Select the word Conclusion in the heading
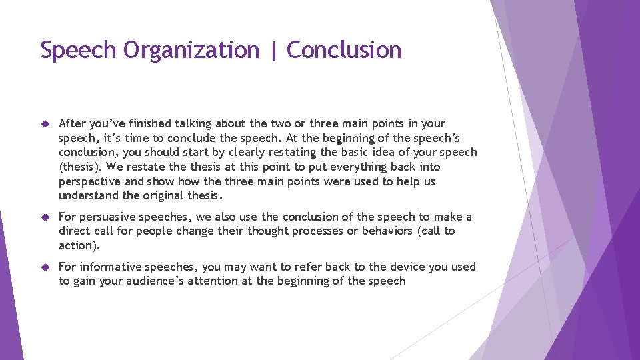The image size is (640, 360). pos(344,51)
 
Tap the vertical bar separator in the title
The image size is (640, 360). pos(273,51)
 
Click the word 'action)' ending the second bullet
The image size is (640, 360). pos(79,245)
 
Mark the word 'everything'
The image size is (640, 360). pos(347,167)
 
